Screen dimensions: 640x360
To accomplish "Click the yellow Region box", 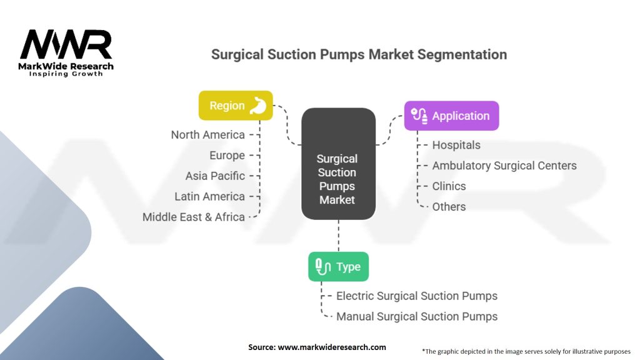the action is (236, 105).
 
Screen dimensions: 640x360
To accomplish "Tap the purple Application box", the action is (451, 116).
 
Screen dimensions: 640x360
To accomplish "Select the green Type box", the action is (338, 266).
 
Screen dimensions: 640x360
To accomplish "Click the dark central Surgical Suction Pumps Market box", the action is (338, 164).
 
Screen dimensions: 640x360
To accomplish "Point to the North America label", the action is (207, 135).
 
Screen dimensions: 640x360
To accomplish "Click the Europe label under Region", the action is (227, 156).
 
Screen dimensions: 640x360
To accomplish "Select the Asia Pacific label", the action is (215, 176).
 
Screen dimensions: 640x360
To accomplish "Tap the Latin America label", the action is (210, 196).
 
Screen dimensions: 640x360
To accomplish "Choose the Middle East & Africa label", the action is (194, 217).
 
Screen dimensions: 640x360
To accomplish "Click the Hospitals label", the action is (456, 145).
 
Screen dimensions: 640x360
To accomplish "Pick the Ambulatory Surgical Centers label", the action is (504, 166).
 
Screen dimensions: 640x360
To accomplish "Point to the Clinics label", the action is (449, 186).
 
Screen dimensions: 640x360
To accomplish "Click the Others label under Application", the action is (449, 206).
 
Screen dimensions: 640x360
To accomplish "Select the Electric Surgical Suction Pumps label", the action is (417, 296).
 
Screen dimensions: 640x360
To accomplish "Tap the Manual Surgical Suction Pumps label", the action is (417, 316).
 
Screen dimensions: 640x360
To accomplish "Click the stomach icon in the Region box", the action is (258, 105).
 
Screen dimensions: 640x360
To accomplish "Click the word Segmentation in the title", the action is (462, 55).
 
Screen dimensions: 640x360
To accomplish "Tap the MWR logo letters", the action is (66, 44).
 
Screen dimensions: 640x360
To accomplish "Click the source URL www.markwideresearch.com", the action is (332, 347).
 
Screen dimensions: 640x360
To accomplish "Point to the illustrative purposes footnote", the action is (526, 351).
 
